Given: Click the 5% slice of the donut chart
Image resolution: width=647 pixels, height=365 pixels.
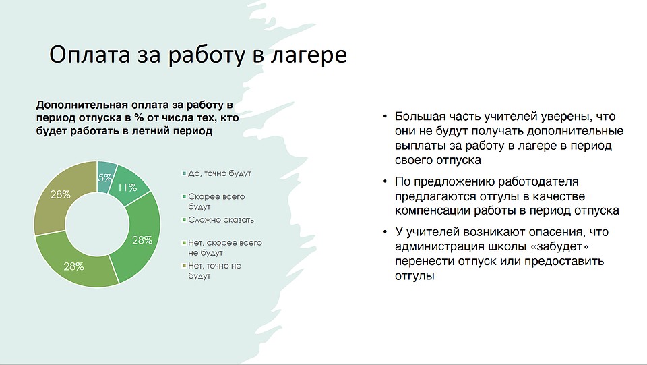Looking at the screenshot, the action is [106, 177].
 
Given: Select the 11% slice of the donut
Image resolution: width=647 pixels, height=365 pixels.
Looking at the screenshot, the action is [129, 187].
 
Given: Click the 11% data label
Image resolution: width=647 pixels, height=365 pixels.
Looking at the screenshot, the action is [127, 188].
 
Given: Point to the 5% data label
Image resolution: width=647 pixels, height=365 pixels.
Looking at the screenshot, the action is [105, 177].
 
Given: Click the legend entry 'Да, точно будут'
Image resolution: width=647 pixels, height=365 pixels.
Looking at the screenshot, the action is [216, 173].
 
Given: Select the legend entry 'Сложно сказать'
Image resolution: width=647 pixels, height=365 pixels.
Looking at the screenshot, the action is [218, 220].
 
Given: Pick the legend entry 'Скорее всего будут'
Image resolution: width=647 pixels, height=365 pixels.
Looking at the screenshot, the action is [214, 202].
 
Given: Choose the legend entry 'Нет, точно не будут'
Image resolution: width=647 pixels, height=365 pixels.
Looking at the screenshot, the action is [212, 271].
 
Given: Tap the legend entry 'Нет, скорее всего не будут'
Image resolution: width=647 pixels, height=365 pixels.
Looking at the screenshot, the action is [222, 248].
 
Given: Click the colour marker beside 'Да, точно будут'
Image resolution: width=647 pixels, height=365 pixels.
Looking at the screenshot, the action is [184, 173].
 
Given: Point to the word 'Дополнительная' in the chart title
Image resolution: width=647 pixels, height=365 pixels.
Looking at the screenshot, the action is [82, 105].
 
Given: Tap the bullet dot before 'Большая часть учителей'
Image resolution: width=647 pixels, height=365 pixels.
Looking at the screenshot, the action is [385, 117].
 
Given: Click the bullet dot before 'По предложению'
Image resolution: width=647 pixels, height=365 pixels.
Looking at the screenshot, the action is [385, 181].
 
